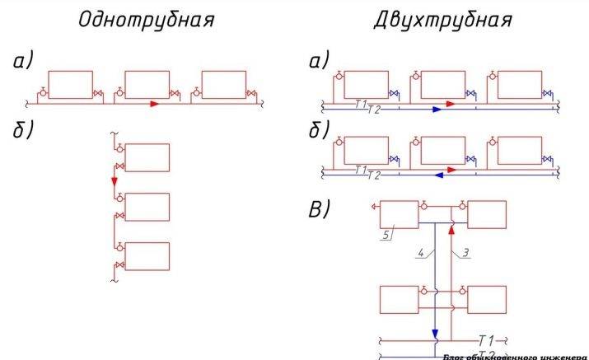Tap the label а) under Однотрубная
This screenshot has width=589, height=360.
point(26,62)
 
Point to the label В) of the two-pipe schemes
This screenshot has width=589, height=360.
point(320,208)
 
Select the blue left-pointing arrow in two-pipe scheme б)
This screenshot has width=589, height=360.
point(440,175)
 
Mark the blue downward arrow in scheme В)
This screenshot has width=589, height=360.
point(435,334)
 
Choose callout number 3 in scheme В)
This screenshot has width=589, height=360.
point(466,253)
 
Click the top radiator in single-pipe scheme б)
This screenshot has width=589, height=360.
point(147,157)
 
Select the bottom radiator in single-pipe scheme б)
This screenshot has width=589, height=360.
point(147,255)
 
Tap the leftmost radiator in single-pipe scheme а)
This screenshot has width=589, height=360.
point(70,85)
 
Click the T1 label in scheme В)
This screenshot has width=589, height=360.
point(487,339)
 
